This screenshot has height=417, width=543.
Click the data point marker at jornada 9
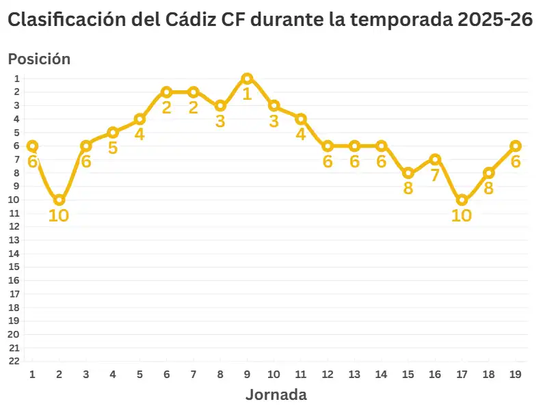(247, 79)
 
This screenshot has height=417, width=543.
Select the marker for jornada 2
(59, 200)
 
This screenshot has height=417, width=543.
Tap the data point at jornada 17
(462, 200)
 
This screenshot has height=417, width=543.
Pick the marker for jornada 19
(516, 146)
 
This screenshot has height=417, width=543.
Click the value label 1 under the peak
(247, 94)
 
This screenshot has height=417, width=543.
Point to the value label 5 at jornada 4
(113, 148)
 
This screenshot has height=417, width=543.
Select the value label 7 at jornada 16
(435, 175)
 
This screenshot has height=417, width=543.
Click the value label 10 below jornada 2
(59, 215)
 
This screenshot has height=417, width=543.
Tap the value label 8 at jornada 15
(408, 188)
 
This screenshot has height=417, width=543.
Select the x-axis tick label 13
(354, 375)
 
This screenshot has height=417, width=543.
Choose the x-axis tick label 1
(32, 375)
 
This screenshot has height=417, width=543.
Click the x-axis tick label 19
(516, 375)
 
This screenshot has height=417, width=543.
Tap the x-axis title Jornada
(276, 394)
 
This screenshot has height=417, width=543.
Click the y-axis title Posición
(39, 59)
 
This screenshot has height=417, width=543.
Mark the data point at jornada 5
(140, 119)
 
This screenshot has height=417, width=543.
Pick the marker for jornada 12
(328, 146)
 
